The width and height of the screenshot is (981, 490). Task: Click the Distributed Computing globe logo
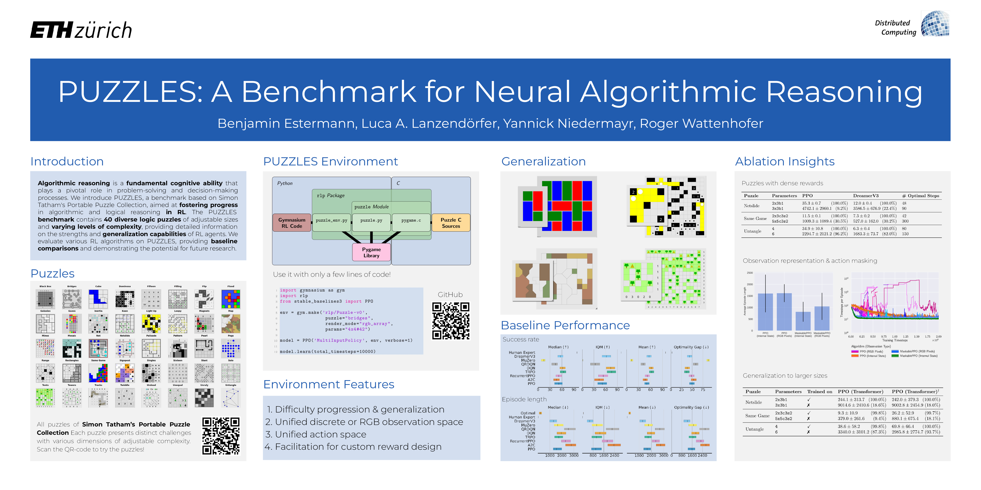click(935, 24)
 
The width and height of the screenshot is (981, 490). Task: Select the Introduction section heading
click(67, 161)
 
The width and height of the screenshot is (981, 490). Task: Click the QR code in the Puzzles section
click(221, 436)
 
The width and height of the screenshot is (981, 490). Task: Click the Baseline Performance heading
click(565, 325)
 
